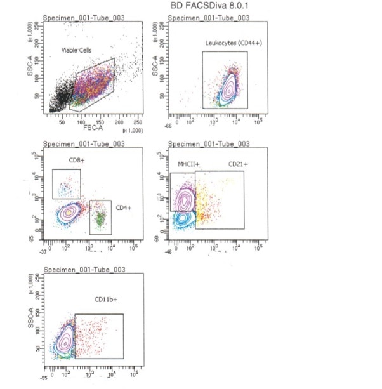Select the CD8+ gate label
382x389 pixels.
point(77,160)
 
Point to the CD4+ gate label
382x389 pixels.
point(123,208)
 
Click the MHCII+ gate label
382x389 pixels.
point(189,164)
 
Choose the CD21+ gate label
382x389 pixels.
point(238,164)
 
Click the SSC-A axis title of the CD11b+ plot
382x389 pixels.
point(30,321)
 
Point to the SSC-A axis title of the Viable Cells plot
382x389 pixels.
point(30,69)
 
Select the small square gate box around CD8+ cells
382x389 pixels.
point(67,184)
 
